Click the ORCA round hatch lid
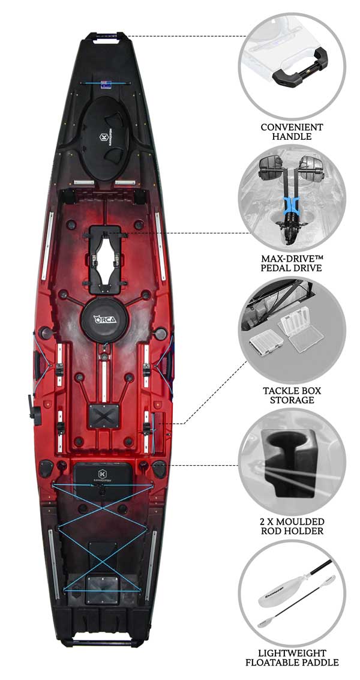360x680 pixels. pos(104,320)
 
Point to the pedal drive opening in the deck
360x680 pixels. pos(104,259)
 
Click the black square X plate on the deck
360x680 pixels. pos(103,417)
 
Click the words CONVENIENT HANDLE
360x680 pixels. pos(292,132)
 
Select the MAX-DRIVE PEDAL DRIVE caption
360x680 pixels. pos(292,263)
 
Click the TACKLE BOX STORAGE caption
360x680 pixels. pos(292,395)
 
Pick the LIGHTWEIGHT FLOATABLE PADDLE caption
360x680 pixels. pos(292,657)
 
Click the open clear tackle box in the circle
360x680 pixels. pos(300,328)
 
